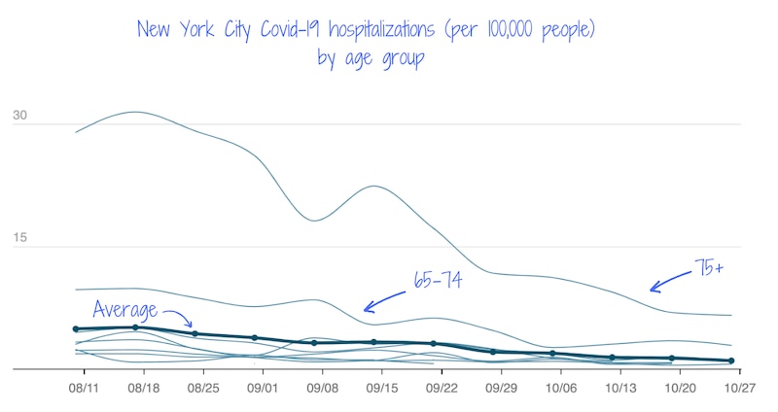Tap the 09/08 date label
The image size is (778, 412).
[x=323, y=387]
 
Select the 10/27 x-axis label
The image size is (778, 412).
[x=741, y=387]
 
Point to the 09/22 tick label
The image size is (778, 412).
[x=442, y=387]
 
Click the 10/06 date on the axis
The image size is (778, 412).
[x=562, y=387]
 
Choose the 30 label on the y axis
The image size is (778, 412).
[x=19, y=117]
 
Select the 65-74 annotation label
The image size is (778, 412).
[x=439, y=279]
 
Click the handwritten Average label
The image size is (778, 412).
[x=125, y=310]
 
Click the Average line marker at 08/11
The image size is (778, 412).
[x=76, y=329]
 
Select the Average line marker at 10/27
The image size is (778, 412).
[x=730, y=360]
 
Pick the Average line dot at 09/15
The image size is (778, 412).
[x=373, y=342]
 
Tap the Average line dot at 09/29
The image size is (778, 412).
[x=493, y=352]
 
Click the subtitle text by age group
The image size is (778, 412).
[x=370, y=58]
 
